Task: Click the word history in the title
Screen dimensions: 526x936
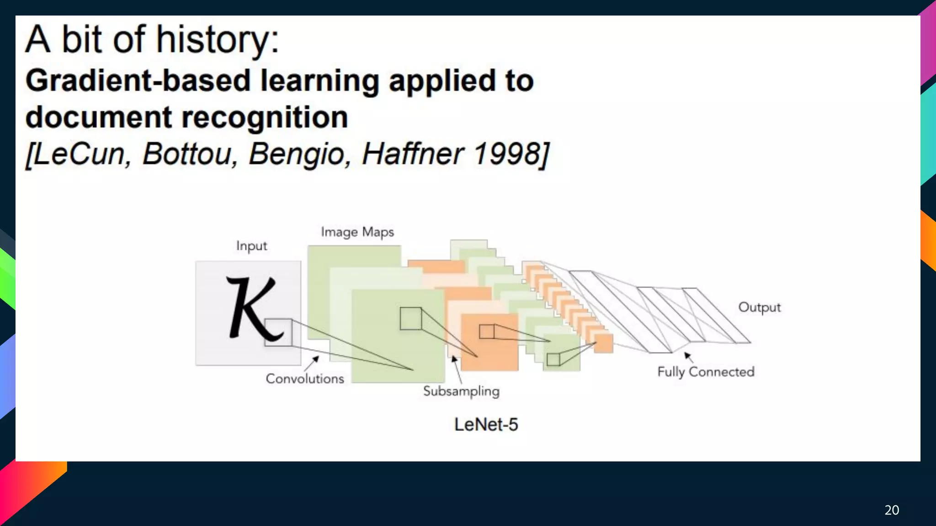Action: click(217, 40)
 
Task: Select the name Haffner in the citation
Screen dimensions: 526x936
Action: click(413, 154)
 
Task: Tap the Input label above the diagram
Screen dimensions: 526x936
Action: click(251, 246)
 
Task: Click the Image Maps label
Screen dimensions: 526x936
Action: click(357, 232)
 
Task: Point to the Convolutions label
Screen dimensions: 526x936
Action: click(305, 379)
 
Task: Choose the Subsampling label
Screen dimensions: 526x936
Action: click(461, 391)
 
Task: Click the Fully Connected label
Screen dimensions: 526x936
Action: click(706, 372)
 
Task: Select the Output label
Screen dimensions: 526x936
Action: click(760, 307)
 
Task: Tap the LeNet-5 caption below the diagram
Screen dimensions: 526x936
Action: click(486, 425)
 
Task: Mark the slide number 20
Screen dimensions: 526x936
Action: click(892, 510)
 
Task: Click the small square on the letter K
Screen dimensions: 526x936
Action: click(278, 332)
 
